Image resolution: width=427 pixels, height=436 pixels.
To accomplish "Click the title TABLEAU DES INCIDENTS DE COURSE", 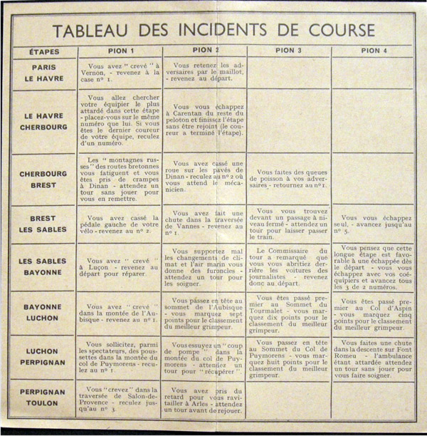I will coord(213,31).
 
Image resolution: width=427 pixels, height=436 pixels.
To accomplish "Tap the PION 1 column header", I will coord(120,51).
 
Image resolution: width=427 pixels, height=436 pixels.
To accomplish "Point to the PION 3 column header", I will coord(289,51).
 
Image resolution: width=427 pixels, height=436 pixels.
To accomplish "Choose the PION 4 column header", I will coord(374,51).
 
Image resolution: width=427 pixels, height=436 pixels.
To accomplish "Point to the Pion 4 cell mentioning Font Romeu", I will coord(374,357).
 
